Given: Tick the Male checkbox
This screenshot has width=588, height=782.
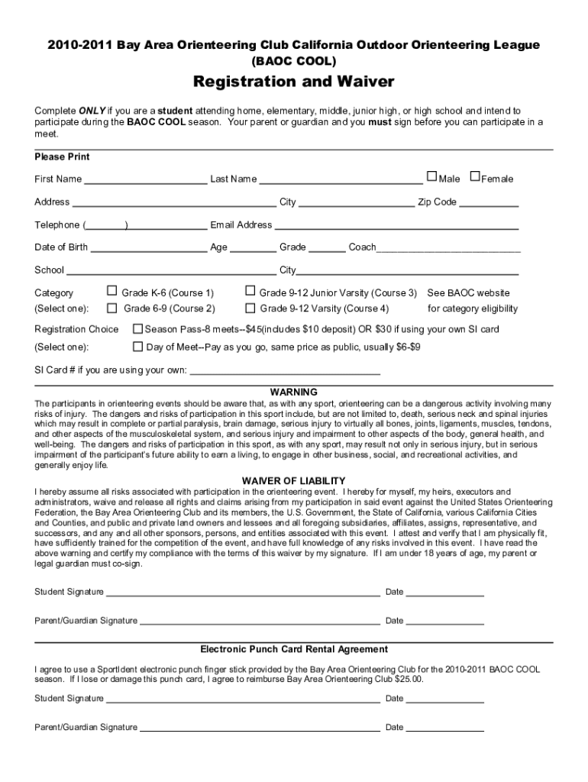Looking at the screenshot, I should pyautogui.click(x=432, y=177).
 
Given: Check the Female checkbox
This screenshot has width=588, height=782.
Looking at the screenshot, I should pyautogui.click(x=475, y=177).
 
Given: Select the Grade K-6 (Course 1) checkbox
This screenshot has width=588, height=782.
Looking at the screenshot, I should pyautogui.click(x=111, y=291).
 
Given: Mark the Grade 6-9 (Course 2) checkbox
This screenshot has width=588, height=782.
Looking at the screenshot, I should pyautogui.click(x=111, y=308).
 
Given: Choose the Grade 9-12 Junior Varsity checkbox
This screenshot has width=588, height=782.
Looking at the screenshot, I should pyautogui.click(x=249, y=291).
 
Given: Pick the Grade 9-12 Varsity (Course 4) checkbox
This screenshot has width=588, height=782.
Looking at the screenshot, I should pyautogui.click(x=249, y=308).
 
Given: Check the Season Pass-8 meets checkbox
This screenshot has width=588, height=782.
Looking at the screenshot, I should pyautogui.click(x=138, y=328).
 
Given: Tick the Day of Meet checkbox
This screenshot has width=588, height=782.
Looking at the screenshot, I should pyautogui.click(x=138, y=346).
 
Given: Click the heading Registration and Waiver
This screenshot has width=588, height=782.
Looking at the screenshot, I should pyautogui.click(x=293, y=82).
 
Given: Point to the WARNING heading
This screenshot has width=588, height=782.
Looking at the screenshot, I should pyautogui.click(x=294, y=392).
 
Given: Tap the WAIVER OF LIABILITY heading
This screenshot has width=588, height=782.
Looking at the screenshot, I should pyautogui.click(x=294, y=480).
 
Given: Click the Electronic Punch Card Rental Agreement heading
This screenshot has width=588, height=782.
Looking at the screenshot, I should pyautogui.click(x=294, y=649).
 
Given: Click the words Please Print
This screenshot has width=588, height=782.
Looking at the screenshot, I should pyautogui.click(x=62, y=157).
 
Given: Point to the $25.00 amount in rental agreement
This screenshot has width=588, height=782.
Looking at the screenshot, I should pyautogui.click(x=407, y=679).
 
